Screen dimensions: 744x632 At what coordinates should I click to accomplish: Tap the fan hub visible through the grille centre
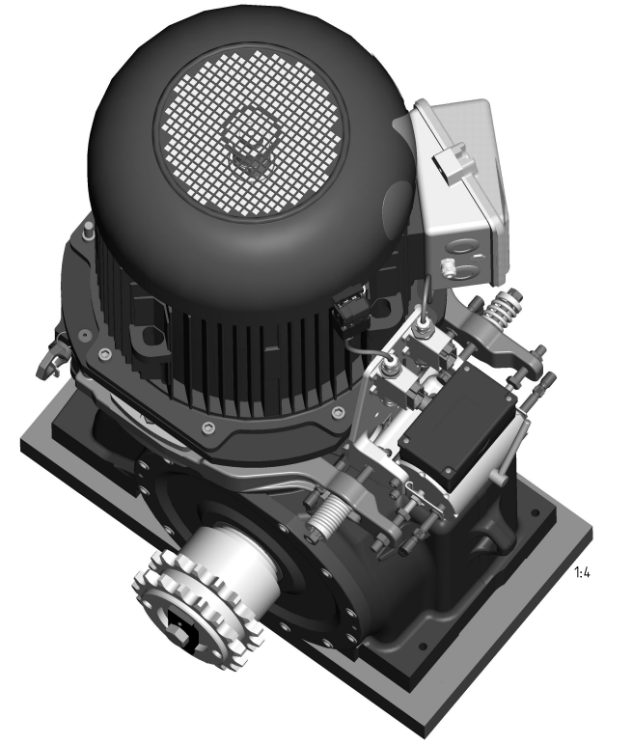pos(248,146)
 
